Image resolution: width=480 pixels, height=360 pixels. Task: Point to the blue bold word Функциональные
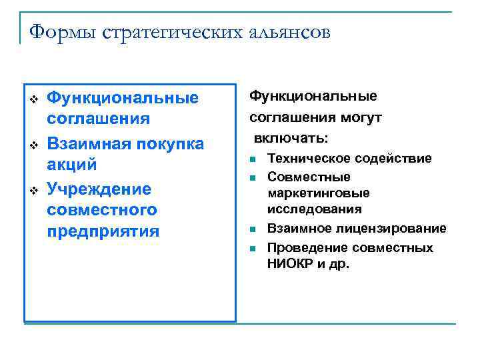123,99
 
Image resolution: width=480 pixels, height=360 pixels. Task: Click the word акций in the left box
72,164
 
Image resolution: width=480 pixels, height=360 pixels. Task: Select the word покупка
171,144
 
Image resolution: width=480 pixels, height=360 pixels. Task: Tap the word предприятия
103,231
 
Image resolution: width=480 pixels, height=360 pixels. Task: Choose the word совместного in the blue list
102,210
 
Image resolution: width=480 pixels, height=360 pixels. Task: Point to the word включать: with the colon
290,138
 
